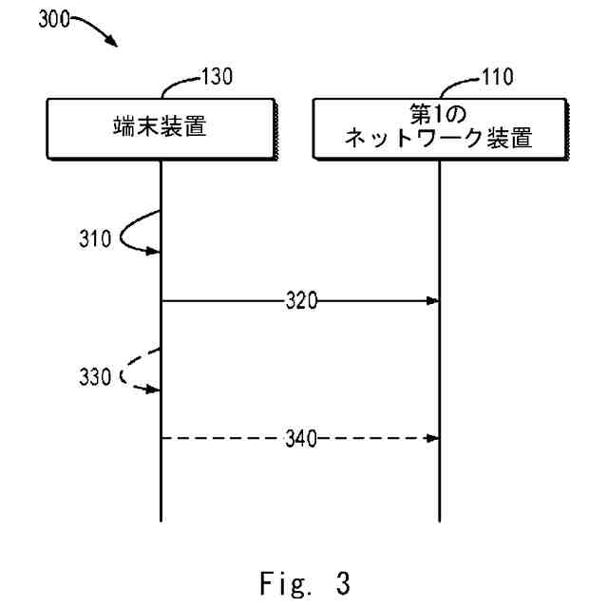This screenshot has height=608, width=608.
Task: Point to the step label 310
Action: [x=94, y=238]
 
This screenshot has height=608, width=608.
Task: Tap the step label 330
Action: [x=94, y=376]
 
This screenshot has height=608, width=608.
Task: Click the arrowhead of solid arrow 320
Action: [x=432, y=302]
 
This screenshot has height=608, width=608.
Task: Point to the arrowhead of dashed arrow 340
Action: [x=432, y=438]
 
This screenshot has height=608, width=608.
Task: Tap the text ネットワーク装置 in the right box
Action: [x=440, y=139]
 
